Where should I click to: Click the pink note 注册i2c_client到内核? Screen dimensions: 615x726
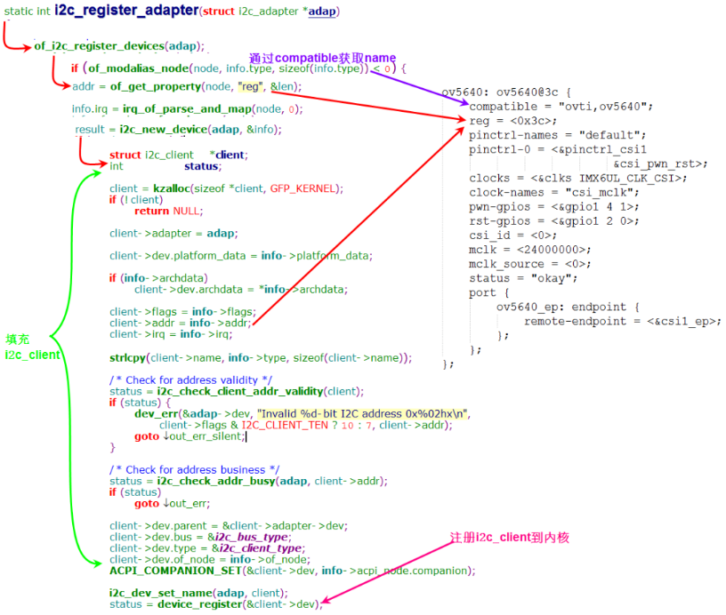coord(509,538)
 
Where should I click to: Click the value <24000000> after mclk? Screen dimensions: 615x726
coord(554,250)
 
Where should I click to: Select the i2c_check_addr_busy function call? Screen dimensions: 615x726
coord(217,481)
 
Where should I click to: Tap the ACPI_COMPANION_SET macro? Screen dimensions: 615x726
coord(165,571)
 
